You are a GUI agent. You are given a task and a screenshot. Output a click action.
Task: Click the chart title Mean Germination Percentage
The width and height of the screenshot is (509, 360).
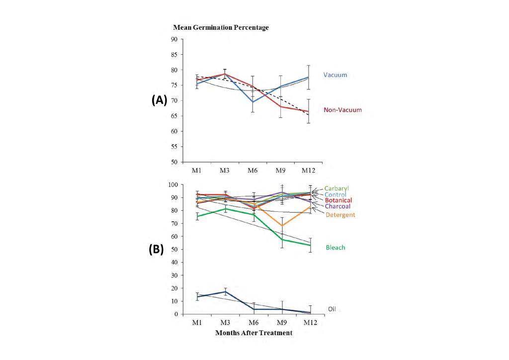[x=221, y=28]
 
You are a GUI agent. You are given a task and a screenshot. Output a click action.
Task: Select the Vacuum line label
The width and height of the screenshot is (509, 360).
[x=335, y=75]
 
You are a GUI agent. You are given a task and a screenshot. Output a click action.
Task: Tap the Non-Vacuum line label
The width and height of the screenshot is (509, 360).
[x=342, y=110]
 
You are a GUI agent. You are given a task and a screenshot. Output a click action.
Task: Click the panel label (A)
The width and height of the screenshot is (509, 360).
[x=160, y=99]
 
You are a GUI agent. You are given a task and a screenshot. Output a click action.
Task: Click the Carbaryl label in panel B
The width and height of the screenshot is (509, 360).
[x=337, y=188]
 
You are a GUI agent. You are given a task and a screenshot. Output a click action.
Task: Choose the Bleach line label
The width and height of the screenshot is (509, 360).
[x=336, y=247]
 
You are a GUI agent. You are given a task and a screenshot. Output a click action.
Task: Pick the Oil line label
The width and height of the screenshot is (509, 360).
[x=332, y=309]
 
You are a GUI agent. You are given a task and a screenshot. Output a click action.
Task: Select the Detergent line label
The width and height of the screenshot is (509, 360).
[x=340, y=215]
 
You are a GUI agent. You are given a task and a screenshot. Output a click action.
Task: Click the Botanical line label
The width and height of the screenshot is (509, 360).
[x=339, y=200]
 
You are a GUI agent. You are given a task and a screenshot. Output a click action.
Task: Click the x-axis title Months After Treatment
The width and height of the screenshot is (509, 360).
[x=254, y=333]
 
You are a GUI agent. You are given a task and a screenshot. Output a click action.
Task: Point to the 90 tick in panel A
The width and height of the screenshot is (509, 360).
[x=174, y=39]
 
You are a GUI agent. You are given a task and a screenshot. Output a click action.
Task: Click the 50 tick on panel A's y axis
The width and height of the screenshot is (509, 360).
[x=174, y=162]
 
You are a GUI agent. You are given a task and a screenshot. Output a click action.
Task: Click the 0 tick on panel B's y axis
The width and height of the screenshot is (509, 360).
[x=175, y=314]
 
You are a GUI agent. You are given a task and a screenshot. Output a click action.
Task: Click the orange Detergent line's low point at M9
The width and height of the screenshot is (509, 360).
[x=282, y=226]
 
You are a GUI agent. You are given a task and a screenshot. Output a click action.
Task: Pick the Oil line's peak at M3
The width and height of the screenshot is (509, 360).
[x=225, y=291]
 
